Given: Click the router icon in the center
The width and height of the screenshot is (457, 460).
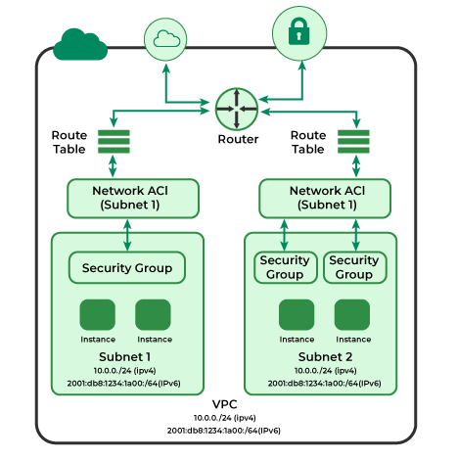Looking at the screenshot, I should point(236,108).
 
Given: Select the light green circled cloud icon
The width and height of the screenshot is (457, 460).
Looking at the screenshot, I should point(164,38).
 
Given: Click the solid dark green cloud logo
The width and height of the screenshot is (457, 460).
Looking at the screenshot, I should point(79,44).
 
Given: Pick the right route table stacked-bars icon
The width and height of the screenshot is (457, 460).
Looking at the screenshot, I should point(353,142).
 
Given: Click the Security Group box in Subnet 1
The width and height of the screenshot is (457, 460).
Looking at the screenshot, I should point(127,267).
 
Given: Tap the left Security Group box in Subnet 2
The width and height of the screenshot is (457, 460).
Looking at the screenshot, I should point(285,267).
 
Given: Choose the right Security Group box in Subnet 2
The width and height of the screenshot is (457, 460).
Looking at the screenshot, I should point(354,267).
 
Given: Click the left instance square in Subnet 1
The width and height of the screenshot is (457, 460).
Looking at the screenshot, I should point(98,315).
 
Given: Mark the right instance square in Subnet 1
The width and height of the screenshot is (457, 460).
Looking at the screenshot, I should point(154,315).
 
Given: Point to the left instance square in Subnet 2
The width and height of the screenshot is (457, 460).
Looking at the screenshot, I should point(297,315).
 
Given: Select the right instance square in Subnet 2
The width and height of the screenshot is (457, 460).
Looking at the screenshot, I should point(352,315).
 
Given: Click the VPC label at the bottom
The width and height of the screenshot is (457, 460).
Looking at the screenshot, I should point(224,404).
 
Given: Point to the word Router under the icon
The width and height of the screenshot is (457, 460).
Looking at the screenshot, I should point(238,139).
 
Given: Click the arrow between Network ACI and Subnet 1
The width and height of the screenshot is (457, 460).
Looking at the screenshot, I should point(128,234).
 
